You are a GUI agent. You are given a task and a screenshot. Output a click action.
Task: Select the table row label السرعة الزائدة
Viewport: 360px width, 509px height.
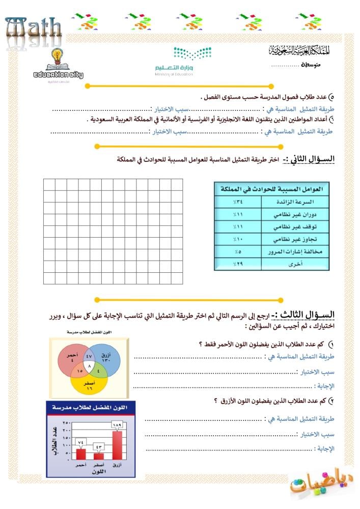coord(294,202)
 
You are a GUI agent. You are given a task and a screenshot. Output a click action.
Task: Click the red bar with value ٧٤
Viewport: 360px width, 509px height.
coord(80,454)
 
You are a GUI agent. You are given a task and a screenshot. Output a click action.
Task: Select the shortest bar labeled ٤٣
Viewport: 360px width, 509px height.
coord(99,456)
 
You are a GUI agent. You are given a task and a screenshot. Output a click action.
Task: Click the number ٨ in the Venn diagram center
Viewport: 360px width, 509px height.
coord(90,366)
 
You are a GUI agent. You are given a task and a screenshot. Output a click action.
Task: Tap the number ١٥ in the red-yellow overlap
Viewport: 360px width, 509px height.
coord(79,372)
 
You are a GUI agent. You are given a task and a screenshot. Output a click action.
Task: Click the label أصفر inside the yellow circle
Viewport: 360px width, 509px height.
coord(89,381)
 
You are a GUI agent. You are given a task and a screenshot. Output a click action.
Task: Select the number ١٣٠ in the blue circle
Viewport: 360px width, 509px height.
coord(107,360)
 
